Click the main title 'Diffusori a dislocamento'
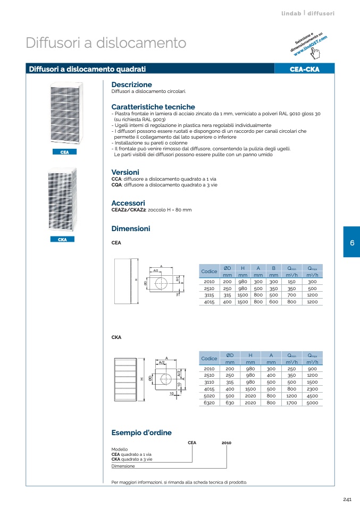point(106,43)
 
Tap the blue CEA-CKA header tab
point(304,69)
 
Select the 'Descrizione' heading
point(131,84)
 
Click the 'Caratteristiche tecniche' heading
point(153,107)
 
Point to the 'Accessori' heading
point(128,203)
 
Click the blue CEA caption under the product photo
point(65,152)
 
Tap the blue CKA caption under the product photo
point(62,240)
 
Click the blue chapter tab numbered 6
point(351,242)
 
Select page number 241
point(347,499)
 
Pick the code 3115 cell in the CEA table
point(210,294)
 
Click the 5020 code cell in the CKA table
point(210,396)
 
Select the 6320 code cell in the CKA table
point(210,403)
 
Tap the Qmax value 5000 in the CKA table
point(312,403)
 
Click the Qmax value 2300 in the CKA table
point(312,389)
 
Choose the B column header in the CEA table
point(273,268)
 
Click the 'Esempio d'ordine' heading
point(141,432)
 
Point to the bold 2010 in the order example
point(226,443)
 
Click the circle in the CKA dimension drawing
point(166,378)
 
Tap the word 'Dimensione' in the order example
point(123,466)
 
